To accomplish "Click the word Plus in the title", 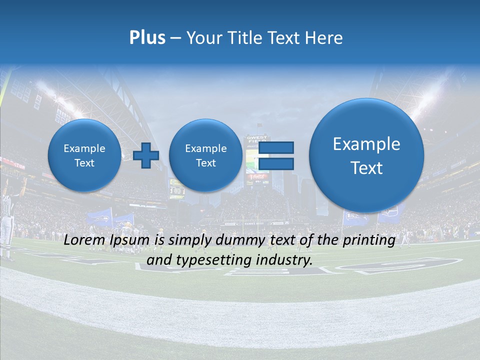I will coord(147,37).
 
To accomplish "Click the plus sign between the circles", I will coord(146,155).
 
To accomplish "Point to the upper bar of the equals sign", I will coord(276,147).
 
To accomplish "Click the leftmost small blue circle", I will coord(84,155).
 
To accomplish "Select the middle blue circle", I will coord(205,155).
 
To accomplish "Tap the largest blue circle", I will coord(366,155).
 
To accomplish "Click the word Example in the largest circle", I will coord(366,144).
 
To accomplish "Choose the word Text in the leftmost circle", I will coord(84,163).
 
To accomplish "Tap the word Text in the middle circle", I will coord(205,163).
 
